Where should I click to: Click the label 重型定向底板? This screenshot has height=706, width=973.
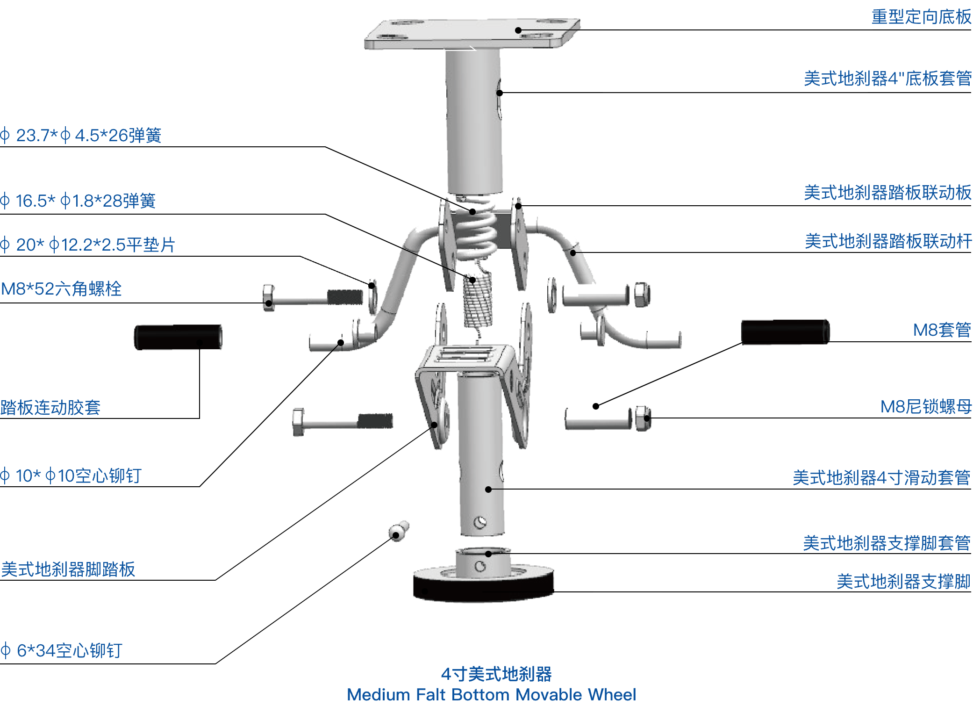click(921, 17)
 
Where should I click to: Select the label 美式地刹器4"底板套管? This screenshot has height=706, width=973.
click(887, 78)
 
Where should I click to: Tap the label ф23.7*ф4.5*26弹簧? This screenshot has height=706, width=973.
click(81, 135)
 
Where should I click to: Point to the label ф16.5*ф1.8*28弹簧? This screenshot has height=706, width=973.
click(78, 201)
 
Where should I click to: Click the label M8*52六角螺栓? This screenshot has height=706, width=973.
click(61, 288)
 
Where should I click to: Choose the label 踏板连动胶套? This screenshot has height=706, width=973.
click(50, 407)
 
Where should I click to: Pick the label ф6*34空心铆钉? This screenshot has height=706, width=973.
click(61, 650)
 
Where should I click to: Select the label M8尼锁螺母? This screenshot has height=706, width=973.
click(926, 406)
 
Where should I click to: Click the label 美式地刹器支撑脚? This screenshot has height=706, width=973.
click(904, 581)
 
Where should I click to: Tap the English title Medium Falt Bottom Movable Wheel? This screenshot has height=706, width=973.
click(491, 694)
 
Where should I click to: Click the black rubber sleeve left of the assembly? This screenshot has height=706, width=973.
click(178, 337)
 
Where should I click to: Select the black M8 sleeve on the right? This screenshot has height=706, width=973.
click(785, 332)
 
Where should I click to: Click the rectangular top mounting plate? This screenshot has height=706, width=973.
click(472, 34)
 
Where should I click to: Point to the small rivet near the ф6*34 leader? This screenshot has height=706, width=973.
click(399, 531)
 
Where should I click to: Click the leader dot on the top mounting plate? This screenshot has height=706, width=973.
click(518, 30)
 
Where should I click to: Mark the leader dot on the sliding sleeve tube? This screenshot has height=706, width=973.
click(488, 490)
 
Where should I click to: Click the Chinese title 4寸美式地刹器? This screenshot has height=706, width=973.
click(496, 674)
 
